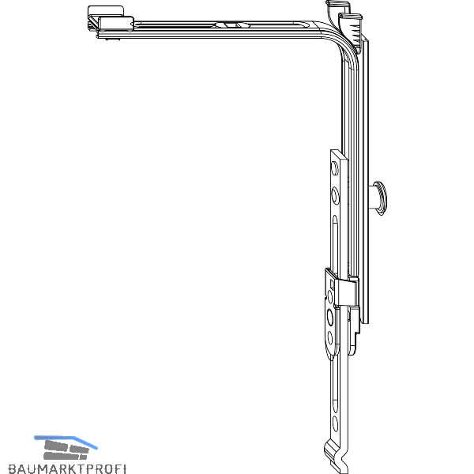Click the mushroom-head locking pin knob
click(x=380, y=198)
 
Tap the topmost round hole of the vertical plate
click(x=335, y=169)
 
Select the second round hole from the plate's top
click(x=335, y=195)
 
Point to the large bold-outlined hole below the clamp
click(x=330, y=318)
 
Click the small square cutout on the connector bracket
click(x=332, y=284)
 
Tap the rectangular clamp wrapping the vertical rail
click(x=348, y=292)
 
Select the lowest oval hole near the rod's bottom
click(x=335, y=423)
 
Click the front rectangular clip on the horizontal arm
click(x=116, y=24)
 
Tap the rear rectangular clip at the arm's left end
click(x=106, y=12)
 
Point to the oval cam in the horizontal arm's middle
click(x=232, y=25)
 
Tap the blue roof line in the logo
click(x=66, y=442)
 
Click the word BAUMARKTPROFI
click(x=67, y=468)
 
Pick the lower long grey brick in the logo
click(x=65, y=456)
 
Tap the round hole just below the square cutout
click(x=329, y=297)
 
